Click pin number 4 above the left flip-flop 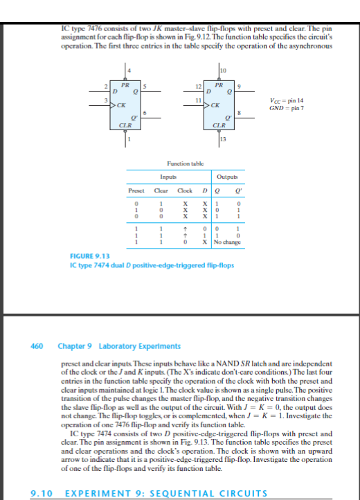(129, 69)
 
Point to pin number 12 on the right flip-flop (199, 86)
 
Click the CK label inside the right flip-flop (216, 106)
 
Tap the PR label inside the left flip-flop (125, 84)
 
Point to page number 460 (38, 345)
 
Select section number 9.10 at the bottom (42, 493)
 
